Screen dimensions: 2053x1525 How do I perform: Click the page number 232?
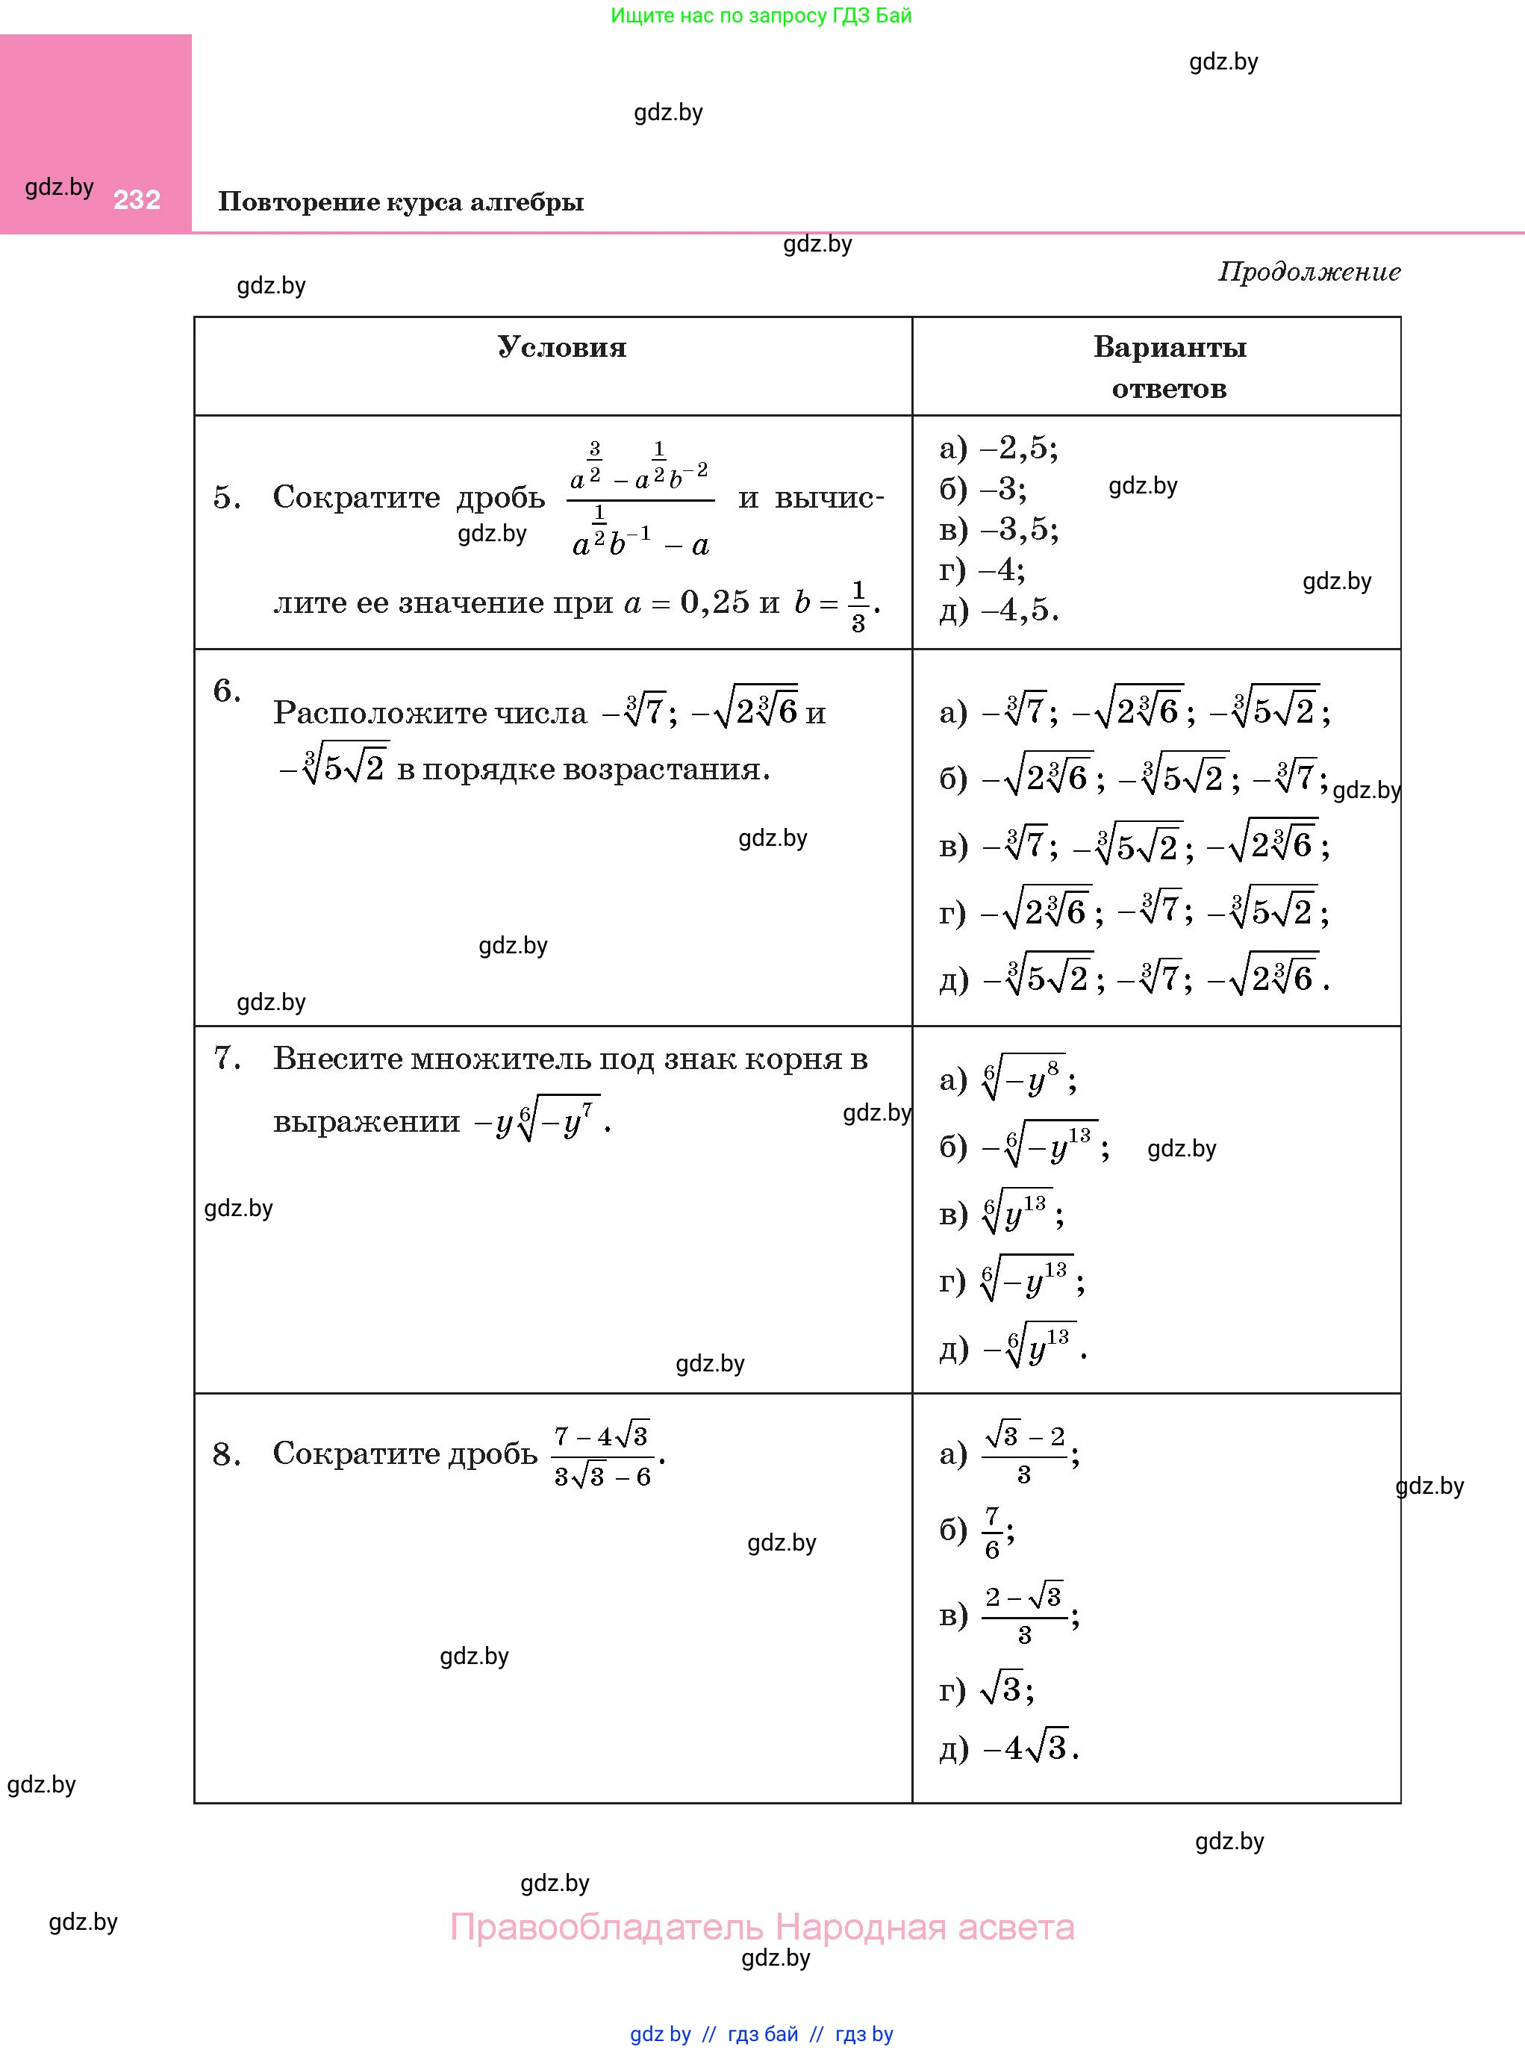point(137,199)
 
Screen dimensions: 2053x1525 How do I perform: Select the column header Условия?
point(561,347)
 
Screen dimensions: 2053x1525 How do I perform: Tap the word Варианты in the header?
point(1170,347)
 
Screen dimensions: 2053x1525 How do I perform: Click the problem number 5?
point(226,497)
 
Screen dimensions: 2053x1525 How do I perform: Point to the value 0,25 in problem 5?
point(714,602)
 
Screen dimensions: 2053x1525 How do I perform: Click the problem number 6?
point(226,691)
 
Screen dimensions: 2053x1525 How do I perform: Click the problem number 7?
point(226,1058)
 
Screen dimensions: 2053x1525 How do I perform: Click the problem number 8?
point(226,1455)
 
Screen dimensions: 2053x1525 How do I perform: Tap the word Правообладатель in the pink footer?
point(607,1927)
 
